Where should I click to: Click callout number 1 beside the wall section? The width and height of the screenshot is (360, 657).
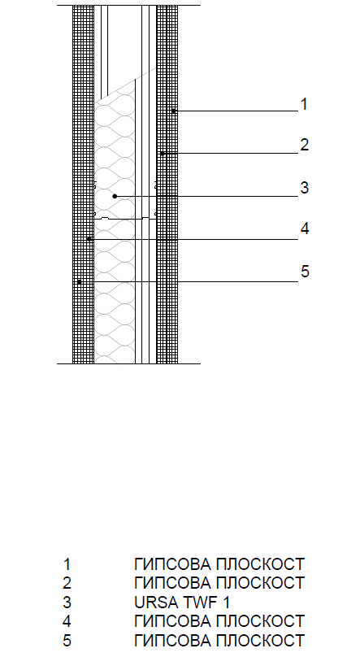click(304, 104)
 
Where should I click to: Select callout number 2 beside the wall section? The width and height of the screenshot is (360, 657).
click(304, 145)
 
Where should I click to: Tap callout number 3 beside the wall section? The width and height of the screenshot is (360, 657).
click(304, 188)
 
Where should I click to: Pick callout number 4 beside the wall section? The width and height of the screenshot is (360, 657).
click(304, 228)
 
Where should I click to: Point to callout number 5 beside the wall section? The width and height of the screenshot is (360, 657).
click(304, 272)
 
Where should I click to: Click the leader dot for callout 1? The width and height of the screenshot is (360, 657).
click(173, 111)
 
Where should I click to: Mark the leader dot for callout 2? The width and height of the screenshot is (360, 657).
click(163, 154)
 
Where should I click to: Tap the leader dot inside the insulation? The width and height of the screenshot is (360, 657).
click(115, 196)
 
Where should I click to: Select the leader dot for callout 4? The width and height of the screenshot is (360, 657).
click(89, 239)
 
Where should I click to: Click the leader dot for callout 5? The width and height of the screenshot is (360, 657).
click(79, 282)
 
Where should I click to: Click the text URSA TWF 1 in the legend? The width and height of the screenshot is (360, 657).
click(182, 603)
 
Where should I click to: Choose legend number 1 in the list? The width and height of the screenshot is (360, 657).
click(67, 564)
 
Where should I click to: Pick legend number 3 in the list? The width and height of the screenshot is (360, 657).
click(67, 603)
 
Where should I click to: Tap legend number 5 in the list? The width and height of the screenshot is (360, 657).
click(67, 641)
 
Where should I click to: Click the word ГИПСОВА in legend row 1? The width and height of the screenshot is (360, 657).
click(172, 564)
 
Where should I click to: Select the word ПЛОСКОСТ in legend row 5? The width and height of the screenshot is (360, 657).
click(260, 641)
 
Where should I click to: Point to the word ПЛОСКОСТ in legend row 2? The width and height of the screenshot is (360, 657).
click(260, 583)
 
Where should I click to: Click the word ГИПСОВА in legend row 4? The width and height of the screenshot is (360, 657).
click(172, 621)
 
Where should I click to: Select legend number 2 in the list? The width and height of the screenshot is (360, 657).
click(67, 583)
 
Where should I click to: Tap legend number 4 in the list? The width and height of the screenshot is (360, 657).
click(67, 621)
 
